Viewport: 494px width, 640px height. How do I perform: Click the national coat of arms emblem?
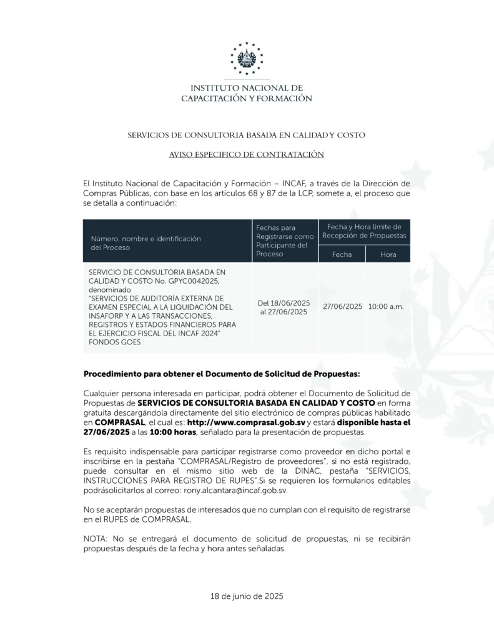tap(247, 59)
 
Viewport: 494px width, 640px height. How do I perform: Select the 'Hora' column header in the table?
tap(388, 254)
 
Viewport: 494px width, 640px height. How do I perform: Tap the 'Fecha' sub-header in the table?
tap(342, 254)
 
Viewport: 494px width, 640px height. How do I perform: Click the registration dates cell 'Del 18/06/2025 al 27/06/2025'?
tap(284, 307)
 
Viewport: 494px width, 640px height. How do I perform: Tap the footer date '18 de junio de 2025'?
tap(247, 596)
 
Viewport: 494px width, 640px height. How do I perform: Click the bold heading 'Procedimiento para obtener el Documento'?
tap(222, 374)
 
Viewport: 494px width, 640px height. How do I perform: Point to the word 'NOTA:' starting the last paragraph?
tap(96, 539)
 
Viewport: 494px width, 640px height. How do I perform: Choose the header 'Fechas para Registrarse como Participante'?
tap(284, 241)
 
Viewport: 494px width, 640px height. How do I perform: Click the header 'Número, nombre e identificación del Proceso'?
tap(145, 243)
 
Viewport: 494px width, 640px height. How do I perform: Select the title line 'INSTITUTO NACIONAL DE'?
tap(247, 88)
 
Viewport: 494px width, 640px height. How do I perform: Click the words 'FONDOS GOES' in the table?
tap(115, 342)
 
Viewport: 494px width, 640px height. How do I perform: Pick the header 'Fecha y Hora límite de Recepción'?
tap(364, 231)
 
